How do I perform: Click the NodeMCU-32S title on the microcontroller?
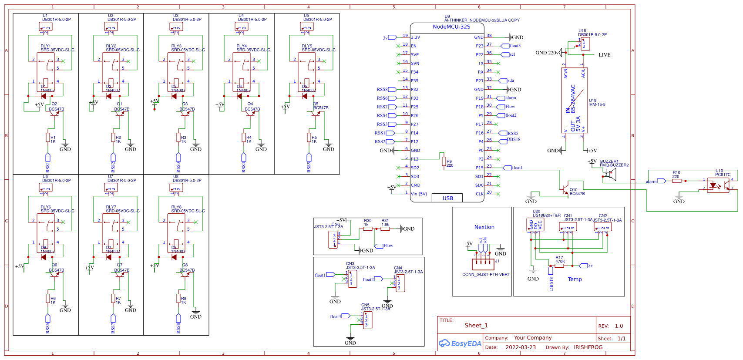(451, 27)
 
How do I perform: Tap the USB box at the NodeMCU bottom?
(447, 198)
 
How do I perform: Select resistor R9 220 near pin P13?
(444, 162)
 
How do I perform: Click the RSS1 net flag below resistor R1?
(48, 157)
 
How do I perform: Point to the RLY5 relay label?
(307, 46)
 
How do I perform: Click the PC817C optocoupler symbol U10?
(718, 185)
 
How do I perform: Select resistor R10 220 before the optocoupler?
(676, 181)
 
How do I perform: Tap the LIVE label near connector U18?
(604, 55)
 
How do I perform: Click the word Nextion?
(484, 227)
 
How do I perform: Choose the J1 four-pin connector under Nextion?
(483, 264)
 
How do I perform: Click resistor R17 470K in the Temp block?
(559, 266)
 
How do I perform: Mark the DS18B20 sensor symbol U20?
(535, 225)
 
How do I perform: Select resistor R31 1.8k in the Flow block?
(385, 229)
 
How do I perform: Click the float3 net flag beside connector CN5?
(346, 316)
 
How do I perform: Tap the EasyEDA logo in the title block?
(460, 343)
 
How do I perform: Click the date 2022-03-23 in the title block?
(521, 347)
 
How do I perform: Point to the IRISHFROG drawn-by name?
(588, 347)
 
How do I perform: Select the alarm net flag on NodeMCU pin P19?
(501, 98)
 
